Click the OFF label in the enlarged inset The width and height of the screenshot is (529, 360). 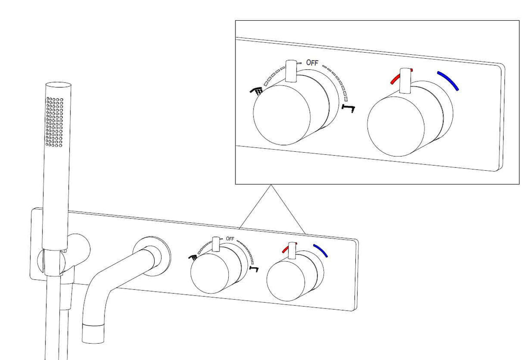312,63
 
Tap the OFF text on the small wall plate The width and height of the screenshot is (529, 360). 230,239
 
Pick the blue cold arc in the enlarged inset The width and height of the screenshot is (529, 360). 448,80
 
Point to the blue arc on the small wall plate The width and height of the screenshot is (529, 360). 321,250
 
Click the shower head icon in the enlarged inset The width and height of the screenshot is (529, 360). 257,90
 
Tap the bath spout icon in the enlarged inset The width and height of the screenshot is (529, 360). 348,108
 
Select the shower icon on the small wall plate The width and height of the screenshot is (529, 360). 193,257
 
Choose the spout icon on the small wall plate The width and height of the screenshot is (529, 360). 254,269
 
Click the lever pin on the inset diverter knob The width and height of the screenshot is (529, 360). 291,71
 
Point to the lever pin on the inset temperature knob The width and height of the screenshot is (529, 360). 406,81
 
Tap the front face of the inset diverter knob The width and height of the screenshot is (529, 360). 282,115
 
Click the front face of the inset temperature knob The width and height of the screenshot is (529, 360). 396,126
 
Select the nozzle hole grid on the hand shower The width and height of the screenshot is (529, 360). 54,122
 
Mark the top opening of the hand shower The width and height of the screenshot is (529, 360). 58,85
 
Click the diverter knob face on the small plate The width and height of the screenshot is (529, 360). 210,274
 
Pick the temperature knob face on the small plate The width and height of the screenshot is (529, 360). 286,281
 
